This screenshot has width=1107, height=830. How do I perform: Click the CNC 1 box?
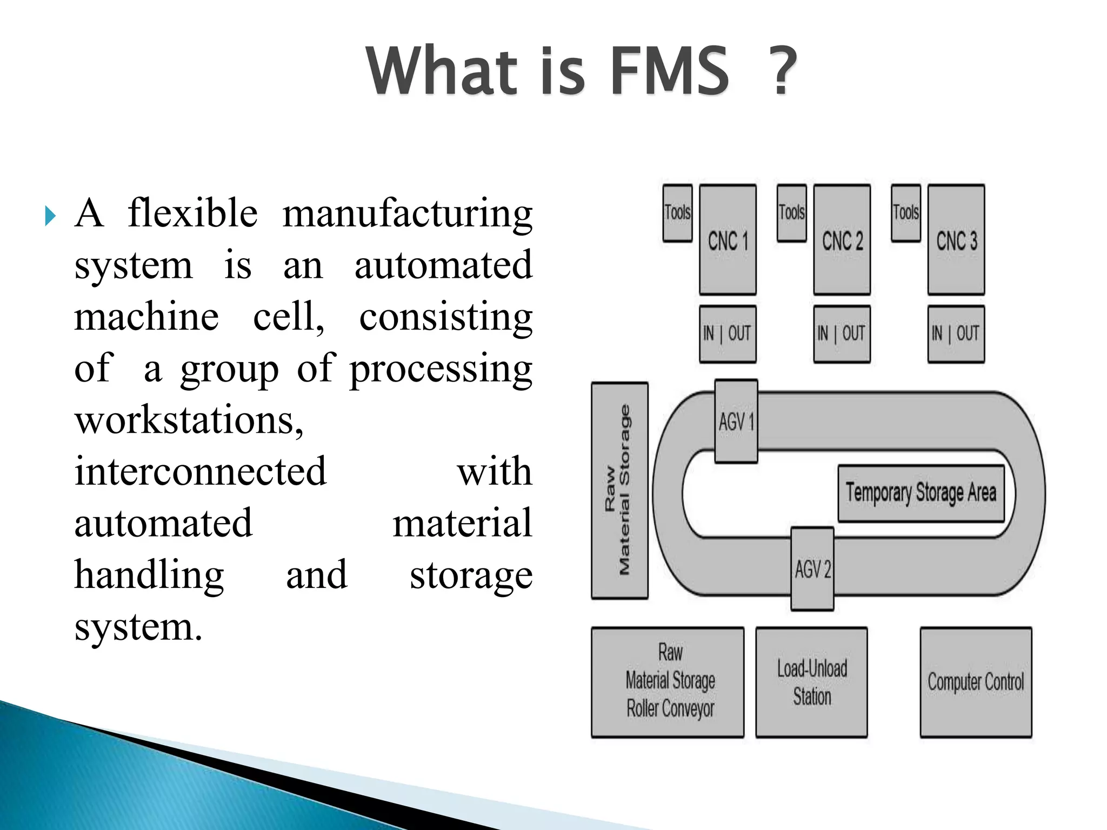(x=728, y=239)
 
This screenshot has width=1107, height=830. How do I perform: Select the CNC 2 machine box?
(x=842, y=239)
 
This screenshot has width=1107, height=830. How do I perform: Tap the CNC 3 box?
(x=956, y=239)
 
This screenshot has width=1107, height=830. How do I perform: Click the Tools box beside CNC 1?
(x=677, y=213)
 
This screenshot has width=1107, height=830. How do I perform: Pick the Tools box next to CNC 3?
(x=905, y=213)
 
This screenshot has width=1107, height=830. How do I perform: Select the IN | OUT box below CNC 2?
(x=842, y=333)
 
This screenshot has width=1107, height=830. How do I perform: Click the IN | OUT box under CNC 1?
(x=728, y=333)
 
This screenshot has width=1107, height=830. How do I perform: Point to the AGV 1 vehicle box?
(x=736, y=421)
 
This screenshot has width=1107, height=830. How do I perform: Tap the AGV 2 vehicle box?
(x=812, y=569)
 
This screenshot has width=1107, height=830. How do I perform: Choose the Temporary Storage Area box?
(x=921, y=493)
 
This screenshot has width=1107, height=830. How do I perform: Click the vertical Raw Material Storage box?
(x=619, y=490)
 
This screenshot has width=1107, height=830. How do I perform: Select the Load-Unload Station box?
(x=811, y=682)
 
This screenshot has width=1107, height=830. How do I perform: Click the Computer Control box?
(x=976, y=682)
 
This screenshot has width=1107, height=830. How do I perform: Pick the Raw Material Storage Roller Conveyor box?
(x=668, y=682)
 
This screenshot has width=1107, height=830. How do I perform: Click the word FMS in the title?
(x=669, y=71)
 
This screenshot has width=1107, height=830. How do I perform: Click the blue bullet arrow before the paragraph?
(x=50, y=216)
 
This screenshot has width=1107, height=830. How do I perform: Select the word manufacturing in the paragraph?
(x=407, y=213)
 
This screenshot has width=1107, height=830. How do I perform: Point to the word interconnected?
(x=201, y=471)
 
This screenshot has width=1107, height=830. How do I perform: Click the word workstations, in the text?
(x=189, y=420)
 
